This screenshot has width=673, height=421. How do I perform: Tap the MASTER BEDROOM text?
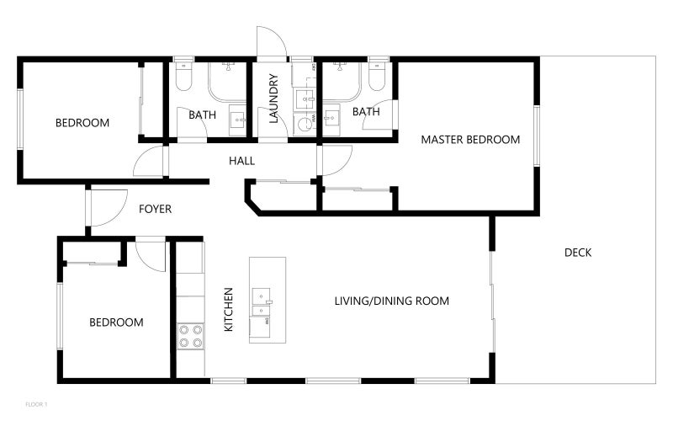(470, 140)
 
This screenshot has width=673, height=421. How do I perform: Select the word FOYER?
(155, 209)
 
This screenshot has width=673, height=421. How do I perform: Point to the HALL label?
(241, 161)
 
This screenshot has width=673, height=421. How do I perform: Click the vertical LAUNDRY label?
(273, 99)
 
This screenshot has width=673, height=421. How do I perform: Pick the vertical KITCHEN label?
(229, 309)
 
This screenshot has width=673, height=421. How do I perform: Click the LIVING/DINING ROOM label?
(391, 301)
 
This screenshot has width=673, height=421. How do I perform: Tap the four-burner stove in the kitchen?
(190, 336)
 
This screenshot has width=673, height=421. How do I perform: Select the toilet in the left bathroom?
(183, 77)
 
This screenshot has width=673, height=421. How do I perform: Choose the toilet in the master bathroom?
(377, 77)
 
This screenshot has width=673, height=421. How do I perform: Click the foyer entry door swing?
(104, 207)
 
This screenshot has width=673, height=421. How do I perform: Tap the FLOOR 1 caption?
(36, 404)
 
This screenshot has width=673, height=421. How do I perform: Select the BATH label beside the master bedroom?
(366, 112)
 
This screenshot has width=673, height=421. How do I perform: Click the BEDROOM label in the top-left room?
(82, 123)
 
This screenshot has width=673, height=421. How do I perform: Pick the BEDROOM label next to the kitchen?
(116, 322)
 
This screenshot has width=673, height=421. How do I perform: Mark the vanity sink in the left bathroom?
(237, 120)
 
